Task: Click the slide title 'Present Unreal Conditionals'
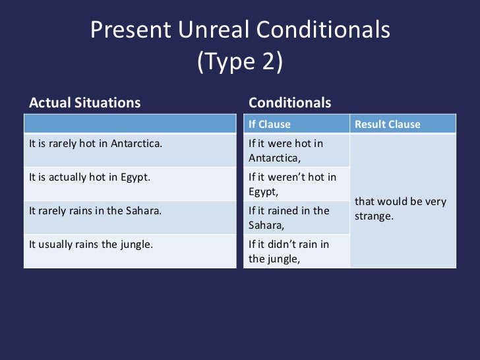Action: (x=240, y=30)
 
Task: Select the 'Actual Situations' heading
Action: (x=84, y=103)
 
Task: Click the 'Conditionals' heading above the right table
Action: (x=290, y=103)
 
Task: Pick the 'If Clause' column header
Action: (x=269, y=125)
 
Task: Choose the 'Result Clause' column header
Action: (x=388, y=125)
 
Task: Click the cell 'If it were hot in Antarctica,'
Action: (x=286, y=150)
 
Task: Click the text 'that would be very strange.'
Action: (x=400, y=208)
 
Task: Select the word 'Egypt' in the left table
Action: (x=135, y=177)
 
